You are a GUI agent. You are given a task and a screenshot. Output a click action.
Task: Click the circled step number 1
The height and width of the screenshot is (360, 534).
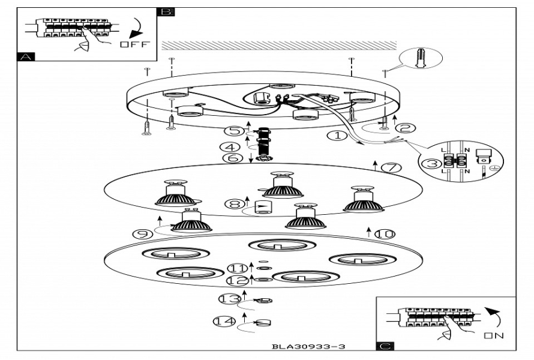[337, 136]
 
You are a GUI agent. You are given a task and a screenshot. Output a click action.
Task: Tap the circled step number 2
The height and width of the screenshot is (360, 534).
[406, 127]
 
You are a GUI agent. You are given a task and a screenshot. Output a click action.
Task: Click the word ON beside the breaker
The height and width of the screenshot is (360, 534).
[495, 335]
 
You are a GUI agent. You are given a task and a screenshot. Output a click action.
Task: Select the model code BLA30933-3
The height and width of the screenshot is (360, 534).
[308, 346]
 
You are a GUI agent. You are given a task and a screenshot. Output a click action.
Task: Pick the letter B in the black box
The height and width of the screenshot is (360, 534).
[166, 11]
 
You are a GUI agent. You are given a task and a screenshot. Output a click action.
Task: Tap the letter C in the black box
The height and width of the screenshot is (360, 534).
[384, 346]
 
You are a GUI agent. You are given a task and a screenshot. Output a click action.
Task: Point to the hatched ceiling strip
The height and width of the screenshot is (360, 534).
[279, 46]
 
